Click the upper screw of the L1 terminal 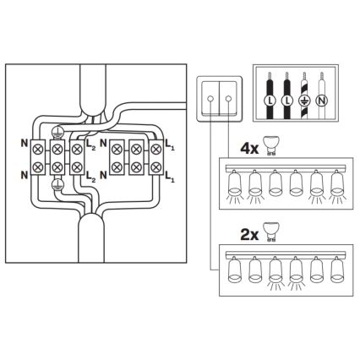(157, 149)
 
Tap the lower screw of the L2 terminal (78, 168)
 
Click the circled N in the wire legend (321, 101)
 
